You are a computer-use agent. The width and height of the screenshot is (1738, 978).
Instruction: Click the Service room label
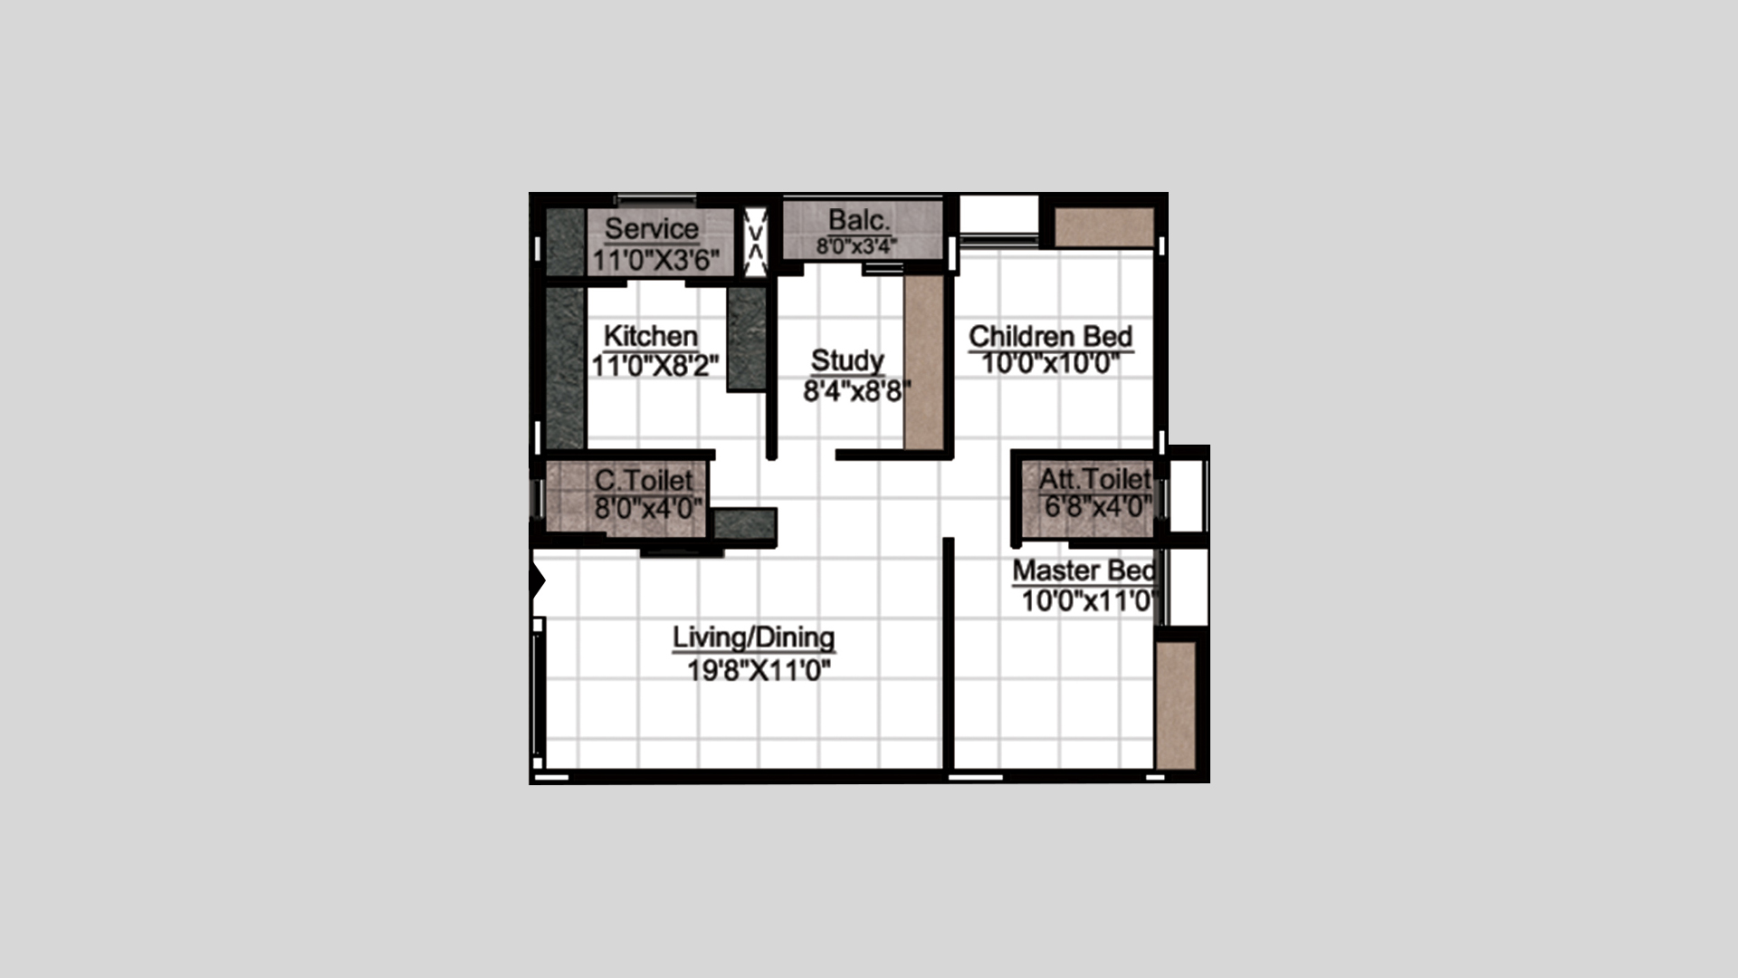[652, 228]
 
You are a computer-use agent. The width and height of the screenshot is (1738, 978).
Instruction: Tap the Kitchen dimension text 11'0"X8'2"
[655, 366]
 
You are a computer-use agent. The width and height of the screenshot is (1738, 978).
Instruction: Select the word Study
[847, 360]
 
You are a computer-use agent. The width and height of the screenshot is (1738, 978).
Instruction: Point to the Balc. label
[859, 220]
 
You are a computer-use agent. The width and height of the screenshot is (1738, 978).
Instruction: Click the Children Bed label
[1051, 336]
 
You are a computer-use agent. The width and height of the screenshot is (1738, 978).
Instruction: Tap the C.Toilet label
[644, 480]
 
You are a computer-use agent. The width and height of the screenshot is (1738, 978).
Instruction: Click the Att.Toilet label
[1095, 478]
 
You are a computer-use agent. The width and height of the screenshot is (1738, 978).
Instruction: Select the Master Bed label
[1084, 570]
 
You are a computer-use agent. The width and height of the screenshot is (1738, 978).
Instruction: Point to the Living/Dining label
[754, 638]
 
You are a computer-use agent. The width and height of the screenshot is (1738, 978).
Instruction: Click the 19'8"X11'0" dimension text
[759, 671]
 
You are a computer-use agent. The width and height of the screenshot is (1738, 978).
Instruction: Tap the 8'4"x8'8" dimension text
[857, 391]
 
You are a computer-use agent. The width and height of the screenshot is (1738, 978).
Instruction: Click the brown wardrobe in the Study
[924, 362]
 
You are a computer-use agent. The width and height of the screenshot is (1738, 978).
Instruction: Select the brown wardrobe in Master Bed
[1176, 705]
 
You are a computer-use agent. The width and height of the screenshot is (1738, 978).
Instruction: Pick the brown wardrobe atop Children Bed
[1104, 226]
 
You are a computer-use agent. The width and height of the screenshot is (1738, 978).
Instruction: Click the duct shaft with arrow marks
[755, 242]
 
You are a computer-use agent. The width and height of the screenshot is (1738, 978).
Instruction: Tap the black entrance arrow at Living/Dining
[538, 580]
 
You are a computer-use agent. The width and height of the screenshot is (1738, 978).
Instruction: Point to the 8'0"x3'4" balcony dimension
[856, 245]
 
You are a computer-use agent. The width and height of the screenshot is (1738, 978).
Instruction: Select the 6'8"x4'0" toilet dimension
[1098, 506]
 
